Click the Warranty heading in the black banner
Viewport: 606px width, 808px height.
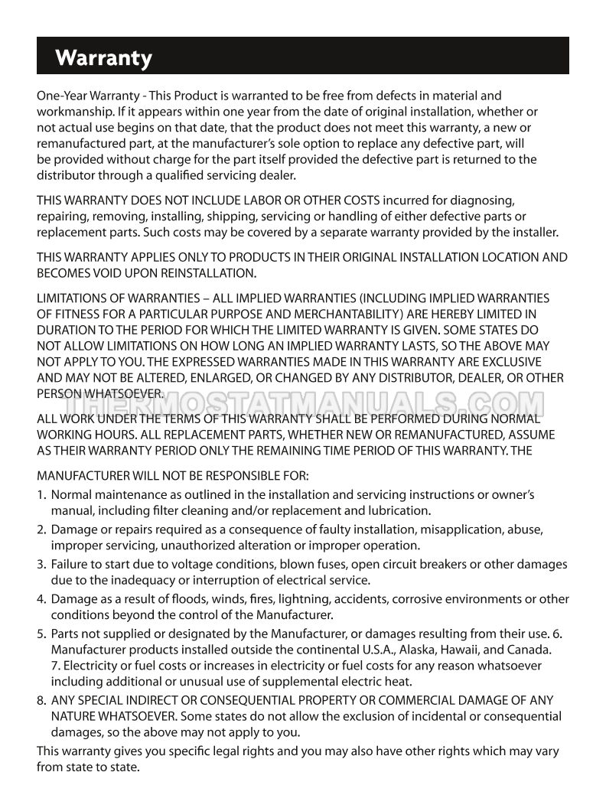click(104, 58)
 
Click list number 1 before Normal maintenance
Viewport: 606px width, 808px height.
click(41, 495)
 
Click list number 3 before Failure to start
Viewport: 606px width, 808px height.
click(41, 564)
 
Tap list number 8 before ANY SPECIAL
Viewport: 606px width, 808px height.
click(41, 700)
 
